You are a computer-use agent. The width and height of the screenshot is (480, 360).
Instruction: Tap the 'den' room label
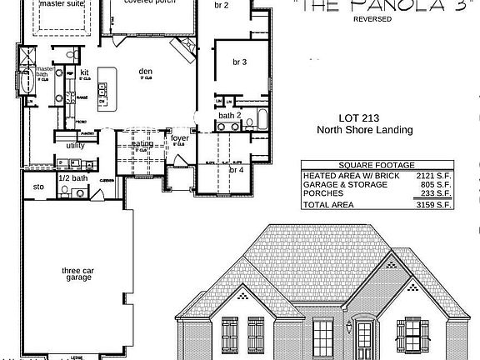146,72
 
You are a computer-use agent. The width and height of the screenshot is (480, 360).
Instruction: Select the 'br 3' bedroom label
240,62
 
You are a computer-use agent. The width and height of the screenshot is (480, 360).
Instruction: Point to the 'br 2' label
221,5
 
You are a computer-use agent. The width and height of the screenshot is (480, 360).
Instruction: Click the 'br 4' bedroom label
237,169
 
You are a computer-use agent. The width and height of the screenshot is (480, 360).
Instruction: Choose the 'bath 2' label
230,115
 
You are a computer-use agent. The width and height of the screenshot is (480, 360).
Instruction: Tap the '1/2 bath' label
73,178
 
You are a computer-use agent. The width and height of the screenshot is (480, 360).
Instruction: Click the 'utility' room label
76,145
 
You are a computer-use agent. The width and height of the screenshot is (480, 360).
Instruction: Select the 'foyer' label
180,138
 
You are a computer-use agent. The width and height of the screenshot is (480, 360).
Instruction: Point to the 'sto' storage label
38,187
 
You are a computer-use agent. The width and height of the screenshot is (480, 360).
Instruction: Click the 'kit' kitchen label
85,72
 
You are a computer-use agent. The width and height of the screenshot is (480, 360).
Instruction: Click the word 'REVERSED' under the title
372,18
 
